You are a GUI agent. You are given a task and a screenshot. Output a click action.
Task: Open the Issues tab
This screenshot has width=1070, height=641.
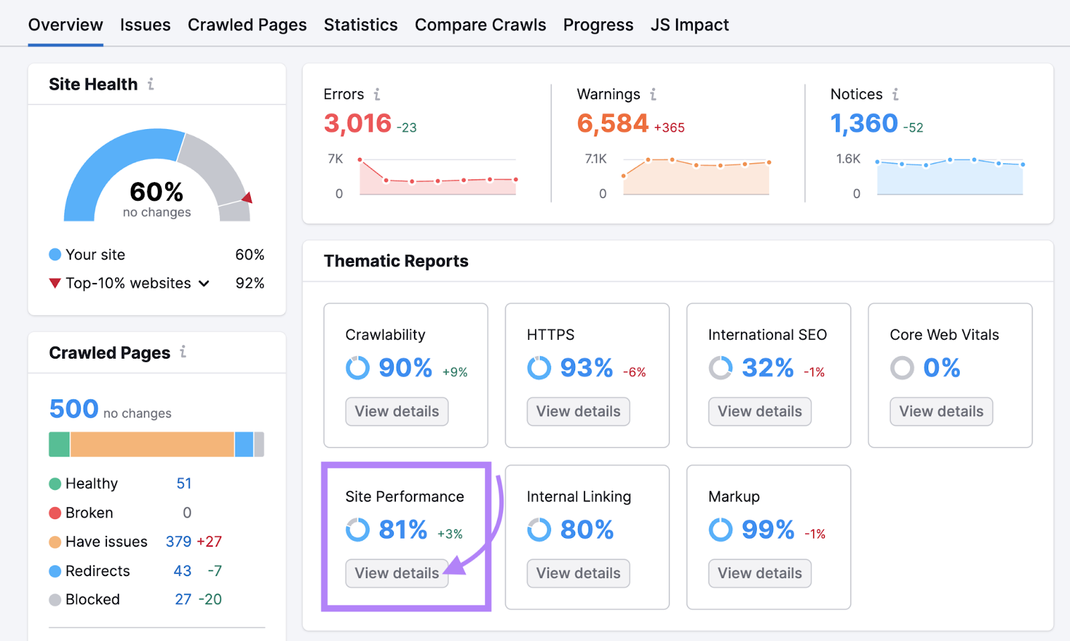click(145, 25)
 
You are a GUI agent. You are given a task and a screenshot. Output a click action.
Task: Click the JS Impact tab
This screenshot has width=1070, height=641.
click(689, 25)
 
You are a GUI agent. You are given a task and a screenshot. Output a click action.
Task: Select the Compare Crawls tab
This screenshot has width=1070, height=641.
click(480, 25)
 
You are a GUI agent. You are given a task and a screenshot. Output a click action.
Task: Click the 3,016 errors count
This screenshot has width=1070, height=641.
click(358, 123)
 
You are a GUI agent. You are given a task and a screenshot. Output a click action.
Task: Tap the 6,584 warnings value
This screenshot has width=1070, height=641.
click(613, 123)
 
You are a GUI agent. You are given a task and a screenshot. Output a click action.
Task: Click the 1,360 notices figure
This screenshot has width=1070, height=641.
click(864, 123)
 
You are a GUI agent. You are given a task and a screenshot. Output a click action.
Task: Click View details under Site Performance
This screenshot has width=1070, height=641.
click(397, 573)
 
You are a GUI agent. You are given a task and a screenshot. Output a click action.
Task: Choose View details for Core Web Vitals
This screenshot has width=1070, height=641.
click(941, 411)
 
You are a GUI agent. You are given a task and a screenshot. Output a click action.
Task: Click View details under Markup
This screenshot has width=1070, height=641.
click(760, 573)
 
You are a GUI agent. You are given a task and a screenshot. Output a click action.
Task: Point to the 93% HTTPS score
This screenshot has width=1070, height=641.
click(586, 368)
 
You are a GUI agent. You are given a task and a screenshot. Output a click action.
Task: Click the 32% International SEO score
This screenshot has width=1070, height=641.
click(768, 368)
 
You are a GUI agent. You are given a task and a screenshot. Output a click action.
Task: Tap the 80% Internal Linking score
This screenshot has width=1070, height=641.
click(586, 530)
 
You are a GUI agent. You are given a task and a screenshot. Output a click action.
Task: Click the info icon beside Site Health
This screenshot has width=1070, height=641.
click(151, 84)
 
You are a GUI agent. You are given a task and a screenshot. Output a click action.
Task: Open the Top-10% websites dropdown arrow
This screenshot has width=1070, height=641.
click(204, 284)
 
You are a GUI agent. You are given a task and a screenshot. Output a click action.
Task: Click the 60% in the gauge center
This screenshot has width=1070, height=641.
click(156, 192)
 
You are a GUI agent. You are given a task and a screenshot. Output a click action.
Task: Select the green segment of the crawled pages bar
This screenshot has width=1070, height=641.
click(59, 444)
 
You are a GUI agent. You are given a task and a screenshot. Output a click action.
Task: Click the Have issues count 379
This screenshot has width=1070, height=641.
click(179, 541)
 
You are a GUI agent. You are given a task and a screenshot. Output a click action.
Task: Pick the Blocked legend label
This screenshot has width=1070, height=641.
click(92, 600)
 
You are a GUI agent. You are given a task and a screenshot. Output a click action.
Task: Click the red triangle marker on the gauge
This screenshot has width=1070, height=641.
click(247, 197)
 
